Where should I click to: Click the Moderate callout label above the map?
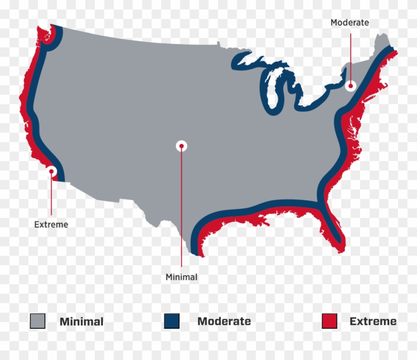[x=349, y=22]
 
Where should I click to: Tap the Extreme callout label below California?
[x=51, y=225]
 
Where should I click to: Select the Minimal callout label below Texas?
[x=181, y=277]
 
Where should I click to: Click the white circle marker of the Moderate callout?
[x=351, y=86]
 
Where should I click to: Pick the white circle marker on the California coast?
[x=52, y=171]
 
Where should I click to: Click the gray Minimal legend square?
[x=37, y=321]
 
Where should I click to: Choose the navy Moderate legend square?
[x=172, y=321]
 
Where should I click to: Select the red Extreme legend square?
[x=329, y=321]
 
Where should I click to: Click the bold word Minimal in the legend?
[x=82, y=322]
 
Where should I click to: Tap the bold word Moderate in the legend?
[x=224, y=321]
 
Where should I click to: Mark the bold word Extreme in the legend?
[x=373, y=321]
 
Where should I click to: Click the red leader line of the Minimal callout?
[x=181, y=213]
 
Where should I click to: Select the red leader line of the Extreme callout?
[x=52, y=197]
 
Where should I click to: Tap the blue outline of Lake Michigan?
[x=268, y=95]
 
